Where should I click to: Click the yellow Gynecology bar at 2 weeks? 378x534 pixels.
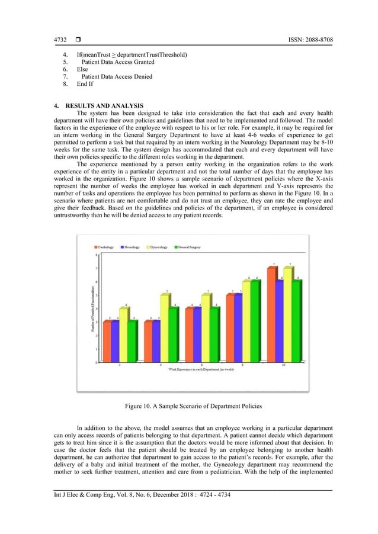click(x=123, y=335)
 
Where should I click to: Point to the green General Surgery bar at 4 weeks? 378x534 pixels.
click(x=172, y=335)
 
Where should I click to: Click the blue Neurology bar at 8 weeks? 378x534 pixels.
click(x=238, y=329)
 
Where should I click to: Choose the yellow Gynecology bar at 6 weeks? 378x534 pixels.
click(x=205, y=329)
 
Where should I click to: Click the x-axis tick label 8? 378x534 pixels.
click(x=242, y=366)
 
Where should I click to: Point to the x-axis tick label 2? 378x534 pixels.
click(x=120, y=366)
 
